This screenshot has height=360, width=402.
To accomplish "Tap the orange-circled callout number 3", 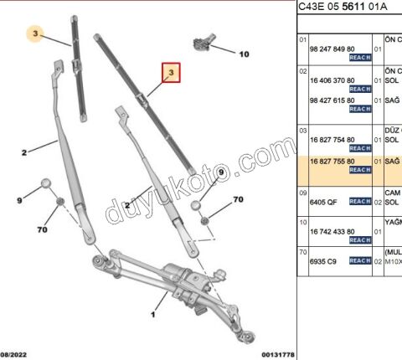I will click(x=34, y=34).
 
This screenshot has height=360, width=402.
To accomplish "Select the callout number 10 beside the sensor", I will click(x=244, y=54).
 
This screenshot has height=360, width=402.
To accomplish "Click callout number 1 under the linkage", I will click(x=153, y=316).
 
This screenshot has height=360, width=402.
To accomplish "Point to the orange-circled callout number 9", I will click(x=221, y=172).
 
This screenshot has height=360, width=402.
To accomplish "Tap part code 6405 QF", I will click(x=320, y=201).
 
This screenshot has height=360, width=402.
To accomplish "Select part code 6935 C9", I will click(x=320, y=261).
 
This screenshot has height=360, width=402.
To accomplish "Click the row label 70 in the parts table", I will click(x=303, y=251).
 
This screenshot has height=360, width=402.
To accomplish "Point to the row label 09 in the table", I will click(x=303, y=192).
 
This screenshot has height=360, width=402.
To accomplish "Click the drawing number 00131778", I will click(x=277, y=354).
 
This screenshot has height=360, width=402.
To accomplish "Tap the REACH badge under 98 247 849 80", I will click(x=360, y=58).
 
